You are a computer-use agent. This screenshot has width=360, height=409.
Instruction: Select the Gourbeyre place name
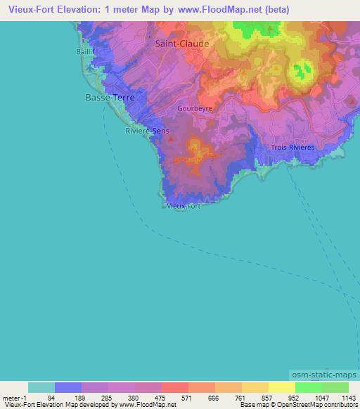click(195, 109)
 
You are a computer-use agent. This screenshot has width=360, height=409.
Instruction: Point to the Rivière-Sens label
click(146, 131)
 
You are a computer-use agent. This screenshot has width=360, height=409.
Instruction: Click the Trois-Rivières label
click(292, 147)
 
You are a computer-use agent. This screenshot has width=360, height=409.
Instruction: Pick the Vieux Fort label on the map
click(184, 206)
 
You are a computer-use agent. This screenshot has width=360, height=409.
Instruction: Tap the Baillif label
click(84, 51)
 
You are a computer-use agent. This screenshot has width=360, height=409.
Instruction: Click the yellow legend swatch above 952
click(281, 387)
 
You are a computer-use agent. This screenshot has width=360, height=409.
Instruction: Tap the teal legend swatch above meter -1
click(41, 387)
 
